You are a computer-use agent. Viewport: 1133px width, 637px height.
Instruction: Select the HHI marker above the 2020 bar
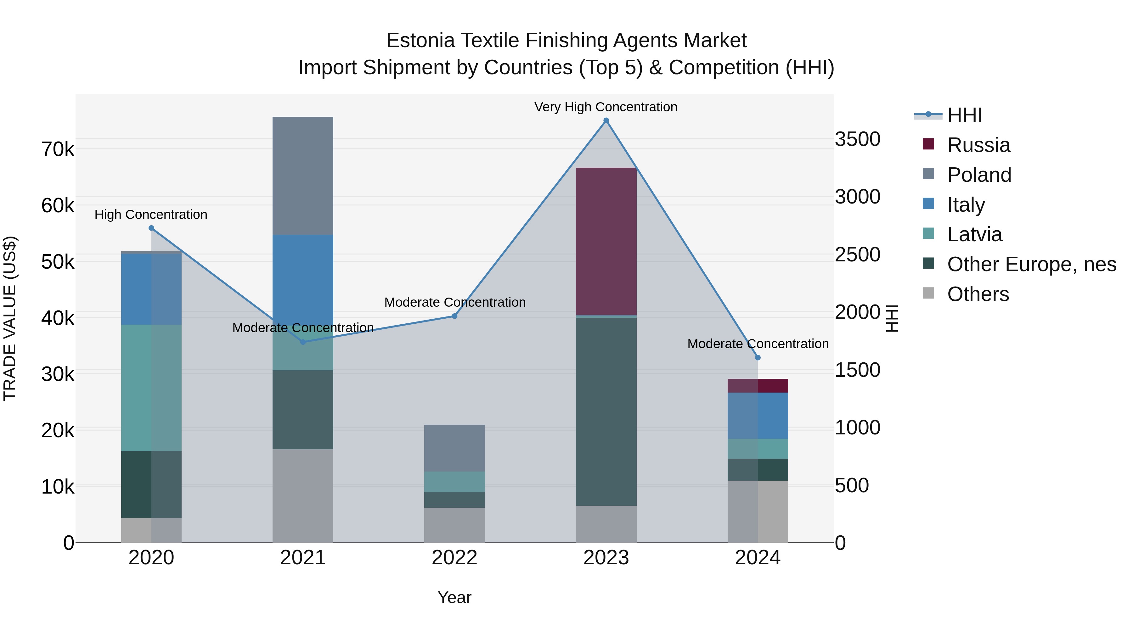151,228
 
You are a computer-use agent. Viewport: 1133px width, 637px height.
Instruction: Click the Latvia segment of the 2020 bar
151,388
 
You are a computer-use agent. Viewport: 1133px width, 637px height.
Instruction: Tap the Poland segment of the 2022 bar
454,448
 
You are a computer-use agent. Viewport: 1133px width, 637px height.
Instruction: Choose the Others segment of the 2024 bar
758,511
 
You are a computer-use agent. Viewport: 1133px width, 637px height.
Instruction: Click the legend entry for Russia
978,145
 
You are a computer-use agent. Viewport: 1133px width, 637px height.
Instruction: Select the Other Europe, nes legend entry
1031,264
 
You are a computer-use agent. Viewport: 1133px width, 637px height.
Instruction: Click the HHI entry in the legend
964,115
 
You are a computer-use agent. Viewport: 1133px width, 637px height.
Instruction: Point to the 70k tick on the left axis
58,149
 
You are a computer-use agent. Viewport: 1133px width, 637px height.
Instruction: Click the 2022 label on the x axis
454,558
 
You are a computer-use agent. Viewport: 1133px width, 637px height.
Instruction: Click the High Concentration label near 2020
151,215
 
